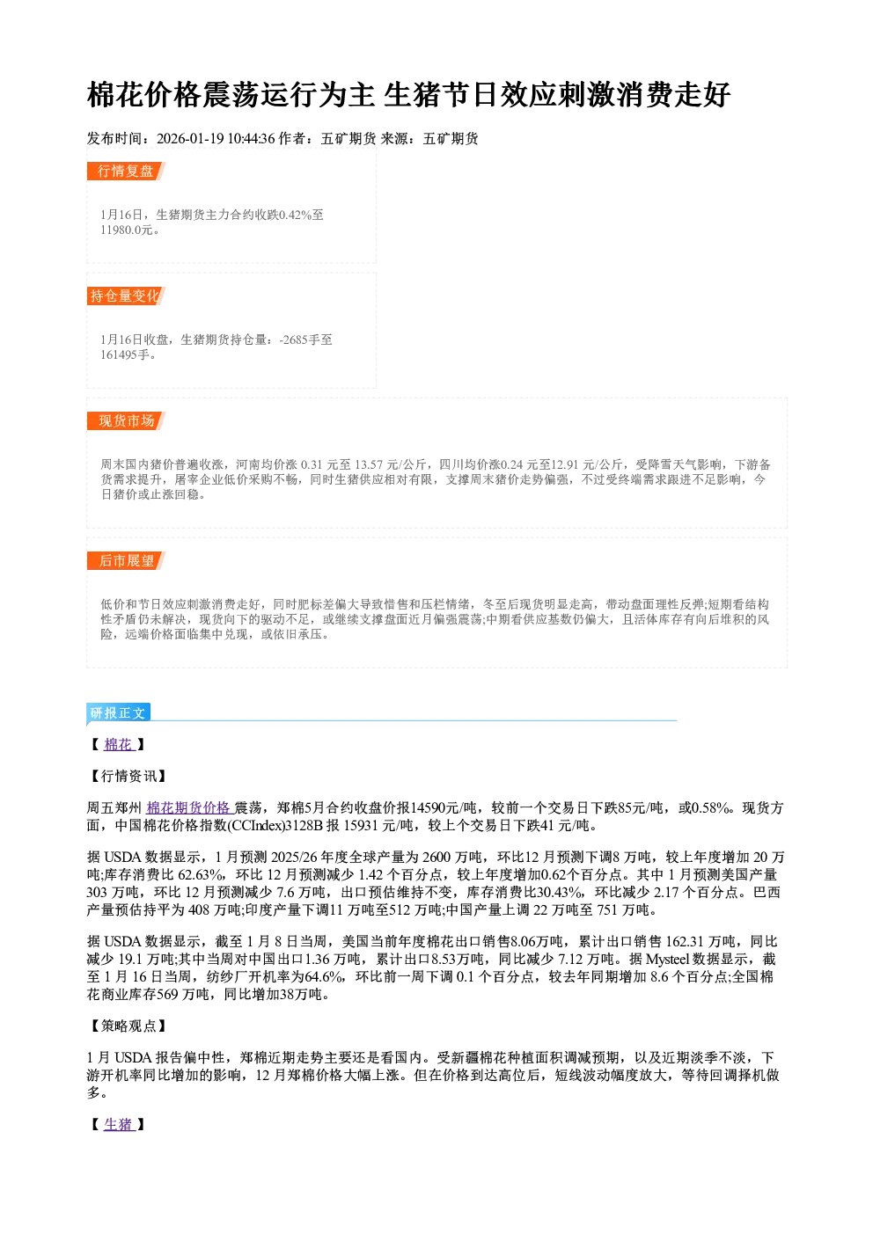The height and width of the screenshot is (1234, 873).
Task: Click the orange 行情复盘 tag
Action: (x=126, y=171)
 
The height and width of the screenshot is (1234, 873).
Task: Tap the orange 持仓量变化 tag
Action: (x=126, y=296)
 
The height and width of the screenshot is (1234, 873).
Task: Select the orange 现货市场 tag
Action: (x=126, y=421)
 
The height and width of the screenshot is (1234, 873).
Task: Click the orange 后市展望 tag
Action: (x=126, y=561)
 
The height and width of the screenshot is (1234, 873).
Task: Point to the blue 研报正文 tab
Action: (x=118, y=712)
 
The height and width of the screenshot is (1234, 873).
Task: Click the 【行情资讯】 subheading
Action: (x=128, y=776)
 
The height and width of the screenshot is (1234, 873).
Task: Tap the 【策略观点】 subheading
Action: (x=128, y=1026)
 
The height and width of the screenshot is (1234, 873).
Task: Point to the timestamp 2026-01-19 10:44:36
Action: (x=216, y=138)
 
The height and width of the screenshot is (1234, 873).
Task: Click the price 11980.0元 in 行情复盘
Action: (x=126, y=230)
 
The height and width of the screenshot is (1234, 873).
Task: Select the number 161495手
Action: (x=125, y=354)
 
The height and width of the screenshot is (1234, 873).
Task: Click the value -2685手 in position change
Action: (x=299, y=340)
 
